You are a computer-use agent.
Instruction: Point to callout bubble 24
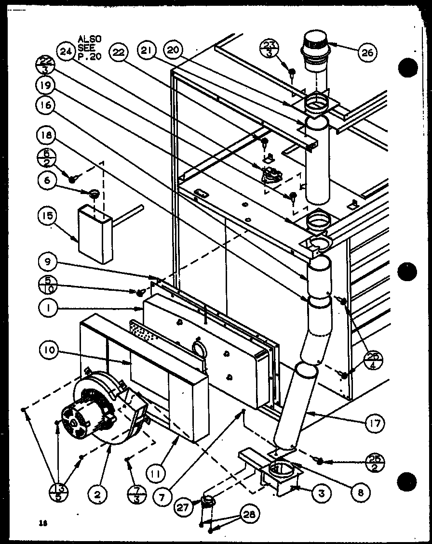coord(66,51)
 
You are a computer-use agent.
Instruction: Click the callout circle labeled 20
coord(172,51)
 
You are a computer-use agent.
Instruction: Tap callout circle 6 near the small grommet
coord(48,194)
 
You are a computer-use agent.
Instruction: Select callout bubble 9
coord(48,264)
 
